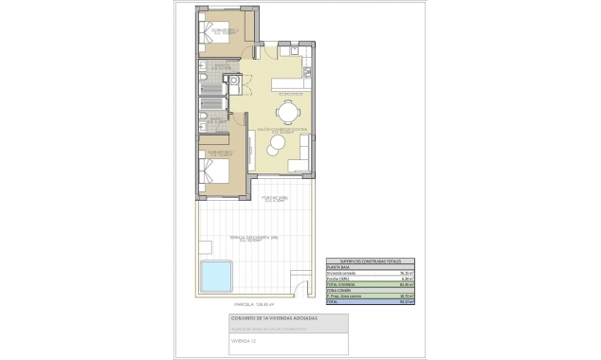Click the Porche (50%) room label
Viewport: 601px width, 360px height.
[275, 199]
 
